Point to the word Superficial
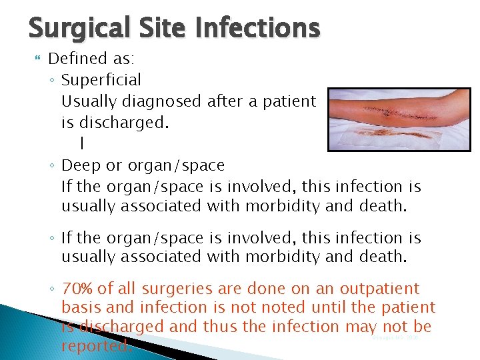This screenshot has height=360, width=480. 101,80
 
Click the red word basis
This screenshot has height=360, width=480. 80,307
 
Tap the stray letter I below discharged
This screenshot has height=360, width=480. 81,143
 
